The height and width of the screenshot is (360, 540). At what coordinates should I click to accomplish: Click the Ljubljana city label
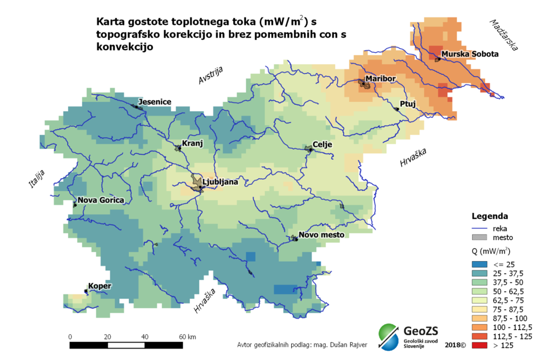[220, 182]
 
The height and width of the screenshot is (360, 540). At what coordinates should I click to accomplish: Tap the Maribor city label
[381, 79]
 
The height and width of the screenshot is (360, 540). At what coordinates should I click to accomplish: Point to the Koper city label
[100, 286]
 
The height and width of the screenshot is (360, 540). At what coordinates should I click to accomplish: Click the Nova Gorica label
[101, 200]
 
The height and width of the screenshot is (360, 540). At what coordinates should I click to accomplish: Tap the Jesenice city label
[154, 102]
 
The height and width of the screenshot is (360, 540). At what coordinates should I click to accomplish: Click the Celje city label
[322, 144]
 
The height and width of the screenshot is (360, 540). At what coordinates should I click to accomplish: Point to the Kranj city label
[192, 143]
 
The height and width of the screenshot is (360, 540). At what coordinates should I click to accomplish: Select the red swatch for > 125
[481, 345]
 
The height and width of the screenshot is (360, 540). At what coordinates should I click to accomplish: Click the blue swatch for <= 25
[481, 264]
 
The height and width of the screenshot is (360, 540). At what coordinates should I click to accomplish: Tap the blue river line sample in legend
[481, 228]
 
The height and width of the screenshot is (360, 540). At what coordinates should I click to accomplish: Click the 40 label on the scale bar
[146, 336]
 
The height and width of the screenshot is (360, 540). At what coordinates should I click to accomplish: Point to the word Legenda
[489, 217]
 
